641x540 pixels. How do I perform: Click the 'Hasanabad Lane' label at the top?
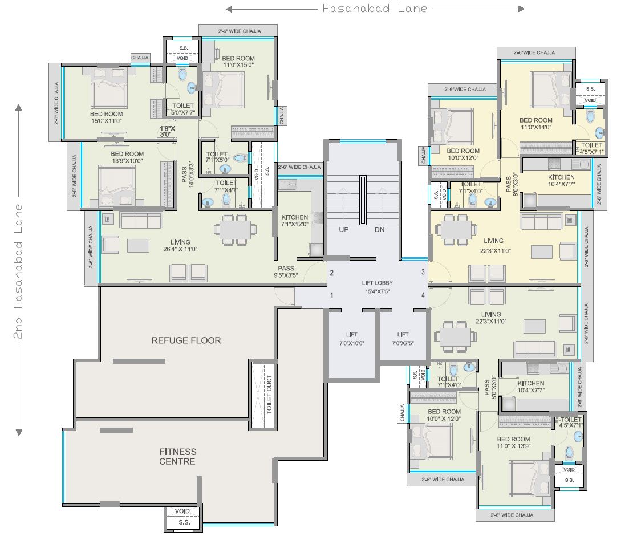coord(375,9)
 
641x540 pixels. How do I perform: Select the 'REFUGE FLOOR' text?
coord(186,340)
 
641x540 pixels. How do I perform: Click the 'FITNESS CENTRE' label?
coord(177,457)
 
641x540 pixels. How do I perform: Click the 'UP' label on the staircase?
coord(343,229)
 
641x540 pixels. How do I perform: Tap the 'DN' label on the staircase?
coord(380,229)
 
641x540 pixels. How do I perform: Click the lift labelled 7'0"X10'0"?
coord(351,339)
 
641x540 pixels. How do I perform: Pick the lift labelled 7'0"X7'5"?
coord(403,339)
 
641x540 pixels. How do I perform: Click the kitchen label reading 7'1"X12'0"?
coord(295,221)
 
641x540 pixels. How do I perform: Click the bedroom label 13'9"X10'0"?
coord(127,157)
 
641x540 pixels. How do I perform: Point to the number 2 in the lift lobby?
coord(331,273)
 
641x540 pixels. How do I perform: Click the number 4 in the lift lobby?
coord(423,295)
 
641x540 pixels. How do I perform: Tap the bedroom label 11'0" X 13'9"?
coord(513,442)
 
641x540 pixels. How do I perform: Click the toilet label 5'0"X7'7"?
coord(180,109)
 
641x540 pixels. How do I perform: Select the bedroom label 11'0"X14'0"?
coord(535,124)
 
